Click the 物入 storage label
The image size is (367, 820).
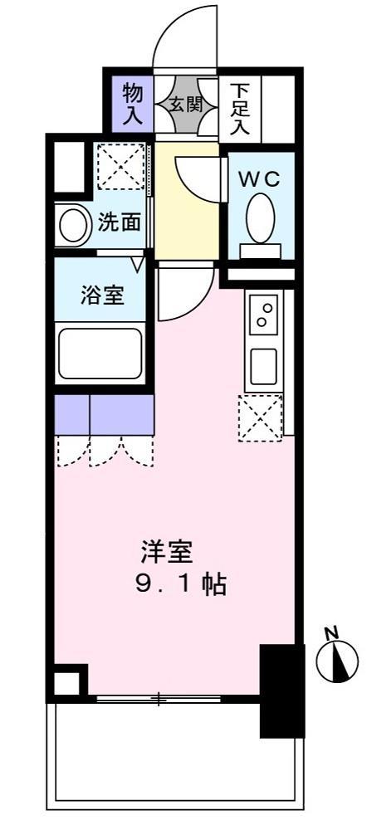[x=133, y=104]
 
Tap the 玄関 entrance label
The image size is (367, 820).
[x=187, y=105]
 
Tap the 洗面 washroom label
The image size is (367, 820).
[x=119, y=222]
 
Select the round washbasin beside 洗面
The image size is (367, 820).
[x=74, y=224]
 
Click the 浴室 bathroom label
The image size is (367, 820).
[x=104, y=296]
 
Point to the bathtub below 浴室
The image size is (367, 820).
[x=99, y=353]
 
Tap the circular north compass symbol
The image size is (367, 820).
[x=336, y=661]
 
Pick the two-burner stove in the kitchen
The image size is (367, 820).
[x=265, y=316]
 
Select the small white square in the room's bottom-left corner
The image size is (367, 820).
[x=68, y=683]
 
